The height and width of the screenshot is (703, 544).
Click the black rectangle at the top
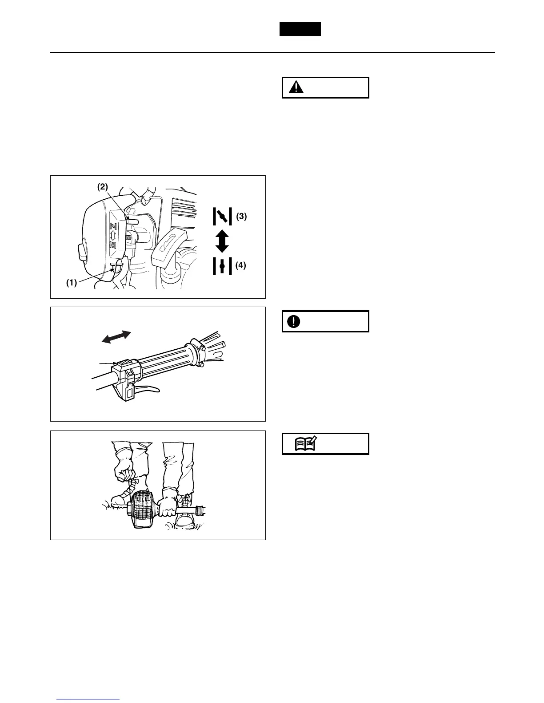300,29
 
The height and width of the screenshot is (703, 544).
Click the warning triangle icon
294,87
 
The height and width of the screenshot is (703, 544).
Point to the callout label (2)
103,187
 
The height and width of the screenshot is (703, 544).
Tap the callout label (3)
241,217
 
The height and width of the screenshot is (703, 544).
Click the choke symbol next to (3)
222,217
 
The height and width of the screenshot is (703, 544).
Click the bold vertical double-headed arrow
222,241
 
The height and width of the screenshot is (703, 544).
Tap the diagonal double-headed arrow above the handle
116,337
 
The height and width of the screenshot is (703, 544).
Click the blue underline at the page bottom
88,700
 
